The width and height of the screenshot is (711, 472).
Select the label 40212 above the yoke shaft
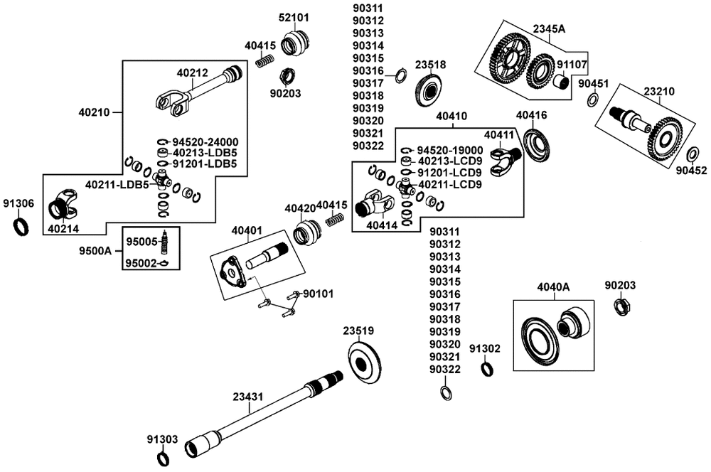coord(192,72)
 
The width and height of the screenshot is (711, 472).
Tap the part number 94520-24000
coord(209,141)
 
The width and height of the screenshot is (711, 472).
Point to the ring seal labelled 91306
coord(22,227)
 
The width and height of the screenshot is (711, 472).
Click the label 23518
coord(430,65)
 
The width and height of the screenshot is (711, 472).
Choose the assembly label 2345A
coord(548,29)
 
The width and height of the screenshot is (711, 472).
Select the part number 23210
coord(659,91)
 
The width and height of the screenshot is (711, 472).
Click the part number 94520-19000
coord(449,151)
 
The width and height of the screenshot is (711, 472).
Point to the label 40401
coord(247,230)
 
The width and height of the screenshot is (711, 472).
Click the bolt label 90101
coord(319,293)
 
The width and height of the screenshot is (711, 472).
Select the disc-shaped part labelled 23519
coord(363,361)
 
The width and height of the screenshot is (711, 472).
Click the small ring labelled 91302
coord(486,368)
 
